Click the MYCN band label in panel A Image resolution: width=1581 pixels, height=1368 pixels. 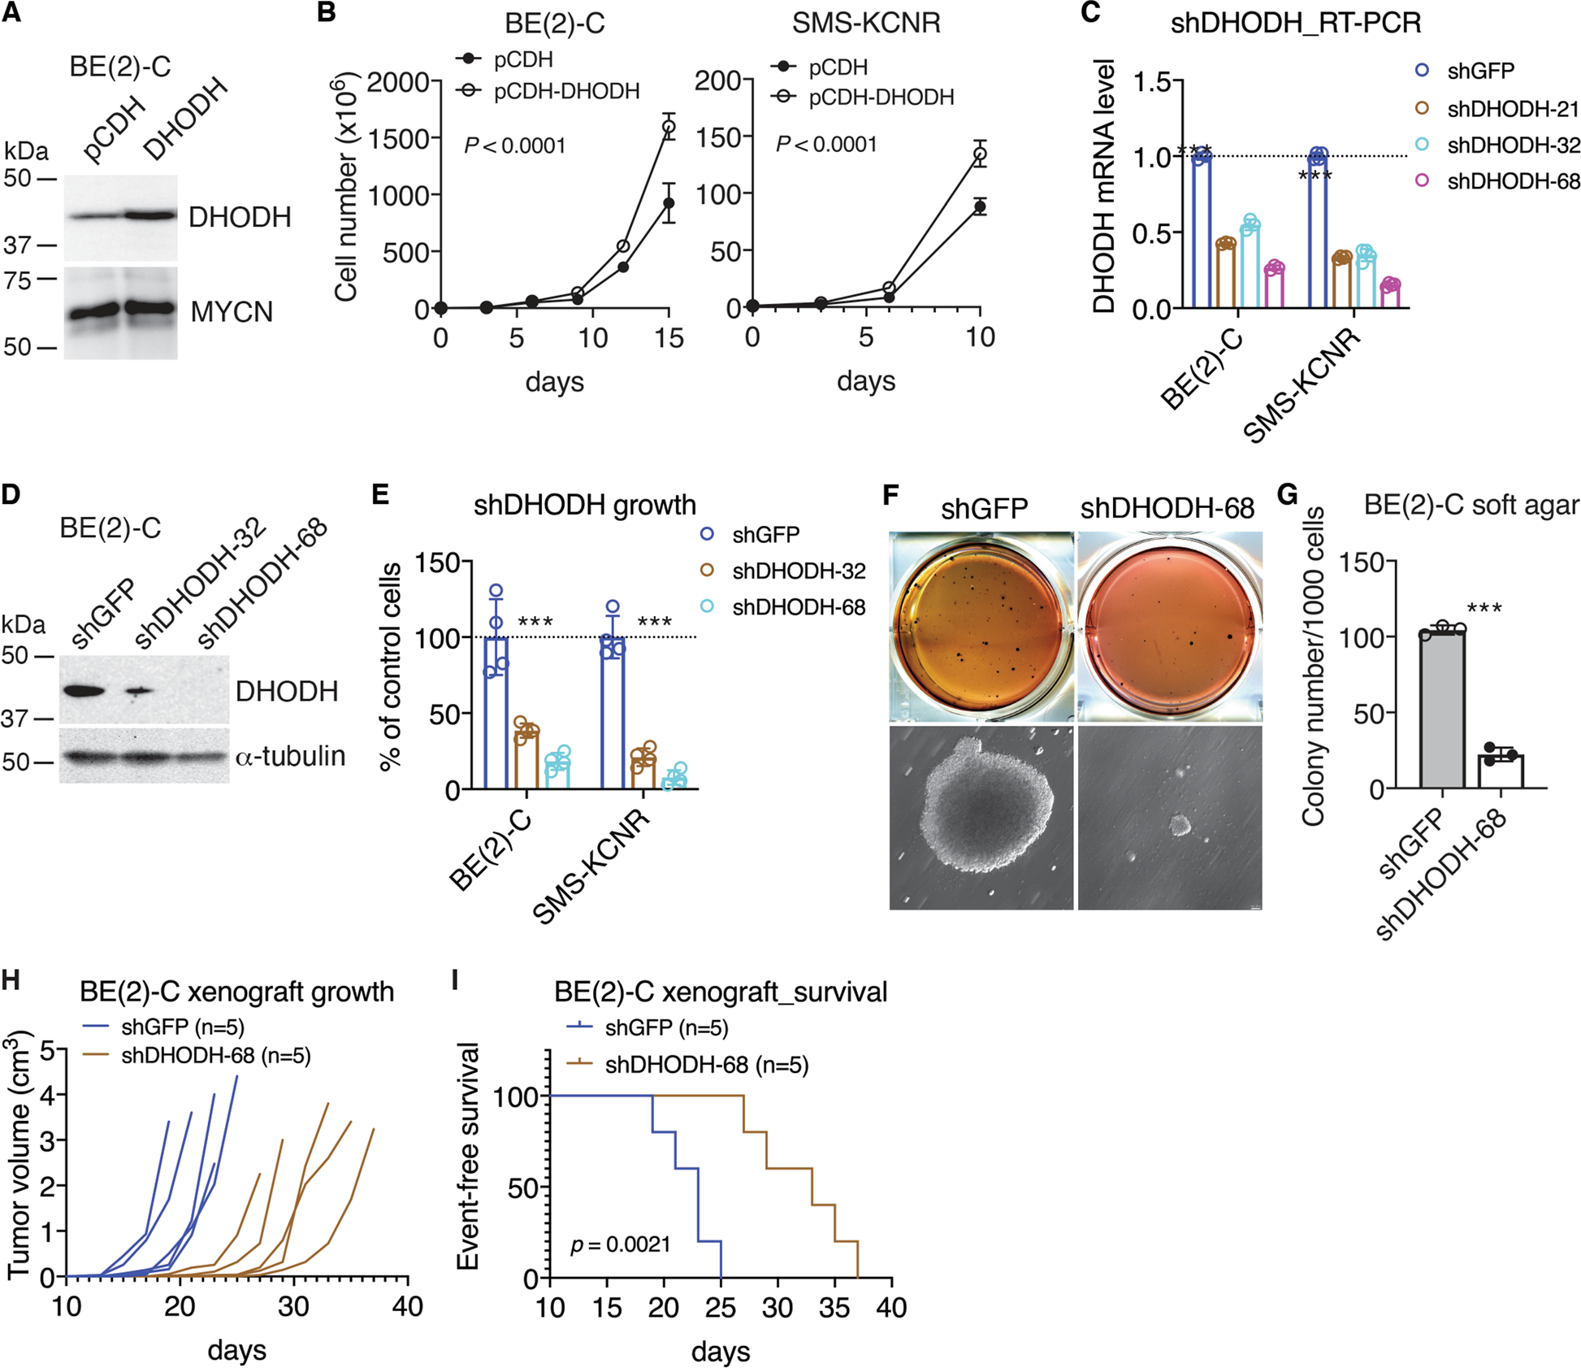tap(232, 312)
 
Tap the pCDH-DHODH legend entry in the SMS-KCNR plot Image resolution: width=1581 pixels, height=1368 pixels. tap(881, 98)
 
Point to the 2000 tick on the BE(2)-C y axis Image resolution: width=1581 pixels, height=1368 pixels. tap(398, 82)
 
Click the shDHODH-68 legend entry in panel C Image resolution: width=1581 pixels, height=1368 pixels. tap(1513, 181)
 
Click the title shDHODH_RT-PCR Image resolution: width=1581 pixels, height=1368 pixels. tap(1296, 23)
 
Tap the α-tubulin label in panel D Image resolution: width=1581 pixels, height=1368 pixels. tap(290, 756)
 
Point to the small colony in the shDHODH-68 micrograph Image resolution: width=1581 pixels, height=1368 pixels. tap(1180, 827)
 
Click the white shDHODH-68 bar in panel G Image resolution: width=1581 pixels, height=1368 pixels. tap(1501, 771)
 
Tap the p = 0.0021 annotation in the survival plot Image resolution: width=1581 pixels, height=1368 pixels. tap(620, 1244)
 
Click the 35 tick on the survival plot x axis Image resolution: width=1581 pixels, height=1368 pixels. tap(834, 1308)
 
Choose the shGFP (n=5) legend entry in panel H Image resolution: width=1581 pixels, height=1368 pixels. tap(182, 1027)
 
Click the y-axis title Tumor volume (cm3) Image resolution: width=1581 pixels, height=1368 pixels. tap(19, 1154)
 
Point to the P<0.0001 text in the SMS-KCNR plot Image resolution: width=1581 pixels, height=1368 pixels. tap(825, 145)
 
